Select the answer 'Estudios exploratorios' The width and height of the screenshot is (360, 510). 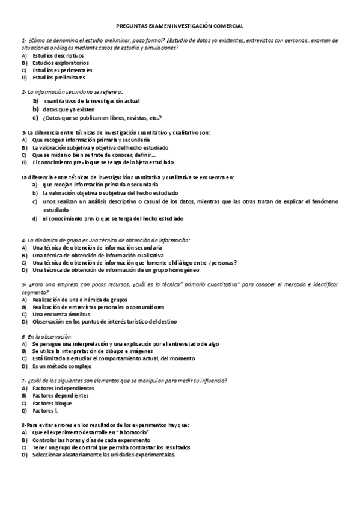(x=61, y=63)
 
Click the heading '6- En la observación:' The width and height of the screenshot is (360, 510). (x=47, y=336)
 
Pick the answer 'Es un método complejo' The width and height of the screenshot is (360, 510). (x=63, y=366)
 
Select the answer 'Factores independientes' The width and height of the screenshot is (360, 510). (x=64, y=389)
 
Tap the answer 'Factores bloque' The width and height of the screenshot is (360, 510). (x=56, y=403)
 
